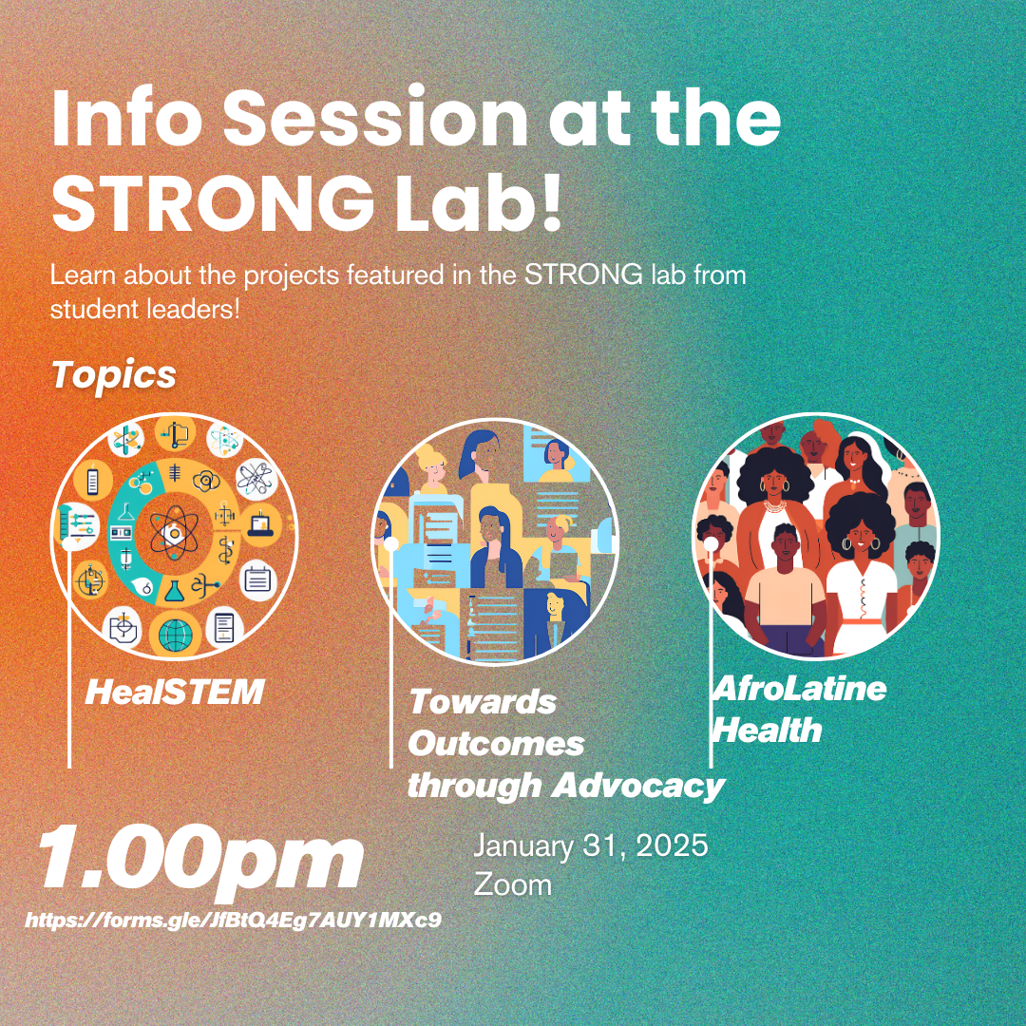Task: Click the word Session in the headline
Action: tap(375, 118)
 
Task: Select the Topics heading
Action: tap(114, 375)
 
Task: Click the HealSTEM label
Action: tap(175, 692)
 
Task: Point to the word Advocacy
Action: tap(638, 786)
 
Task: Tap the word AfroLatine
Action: tap(799, 689)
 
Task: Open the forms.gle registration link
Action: tap(233, 920)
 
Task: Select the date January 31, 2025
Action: tap(590, 845)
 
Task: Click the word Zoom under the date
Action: tap(512, 884)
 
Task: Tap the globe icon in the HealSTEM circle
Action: tap(176, 635)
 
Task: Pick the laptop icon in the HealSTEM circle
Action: tap(261, 522)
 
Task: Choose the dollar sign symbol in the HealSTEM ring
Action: tap(227, 551)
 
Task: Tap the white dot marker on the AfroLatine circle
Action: tap(712, 543)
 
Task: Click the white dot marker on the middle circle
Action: tap(391, 544)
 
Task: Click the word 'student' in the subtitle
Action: tap(93, 309)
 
